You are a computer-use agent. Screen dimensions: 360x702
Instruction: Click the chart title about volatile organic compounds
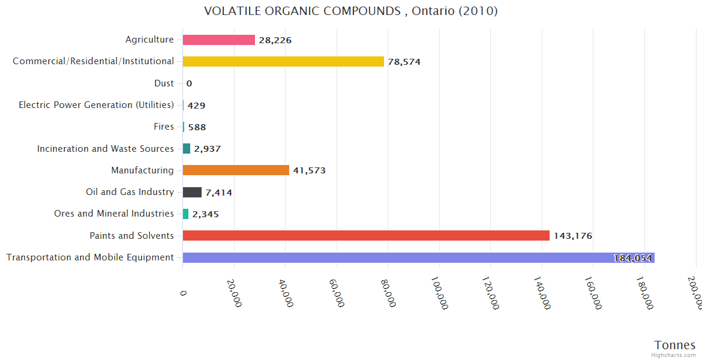point(350,11)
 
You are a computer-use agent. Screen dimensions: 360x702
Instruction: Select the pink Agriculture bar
point(219,40)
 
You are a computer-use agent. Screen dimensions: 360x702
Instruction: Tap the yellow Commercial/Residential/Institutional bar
point(283,61)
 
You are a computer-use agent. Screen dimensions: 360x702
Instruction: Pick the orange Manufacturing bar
point(236,170)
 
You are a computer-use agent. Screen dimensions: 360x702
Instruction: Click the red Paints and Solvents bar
point(366,236)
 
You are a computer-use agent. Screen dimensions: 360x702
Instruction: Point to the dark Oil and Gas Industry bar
point(192,192)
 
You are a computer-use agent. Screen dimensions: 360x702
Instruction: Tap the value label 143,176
point(572,236)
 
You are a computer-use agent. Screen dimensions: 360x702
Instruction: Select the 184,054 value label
point(632,258)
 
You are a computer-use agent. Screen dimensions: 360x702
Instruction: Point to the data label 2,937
point(208,149)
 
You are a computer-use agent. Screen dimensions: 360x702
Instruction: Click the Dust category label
point(164,83)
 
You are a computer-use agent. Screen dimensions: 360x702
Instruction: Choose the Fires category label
point(164,127)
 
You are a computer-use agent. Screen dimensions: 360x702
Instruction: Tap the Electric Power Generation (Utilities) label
point(96,105)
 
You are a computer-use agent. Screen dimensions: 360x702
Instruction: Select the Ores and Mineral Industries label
point(114,214)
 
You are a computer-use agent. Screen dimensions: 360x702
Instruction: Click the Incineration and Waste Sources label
point(106,149)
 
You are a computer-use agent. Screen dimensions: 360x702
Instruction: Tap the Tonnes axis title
point(675,345)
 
